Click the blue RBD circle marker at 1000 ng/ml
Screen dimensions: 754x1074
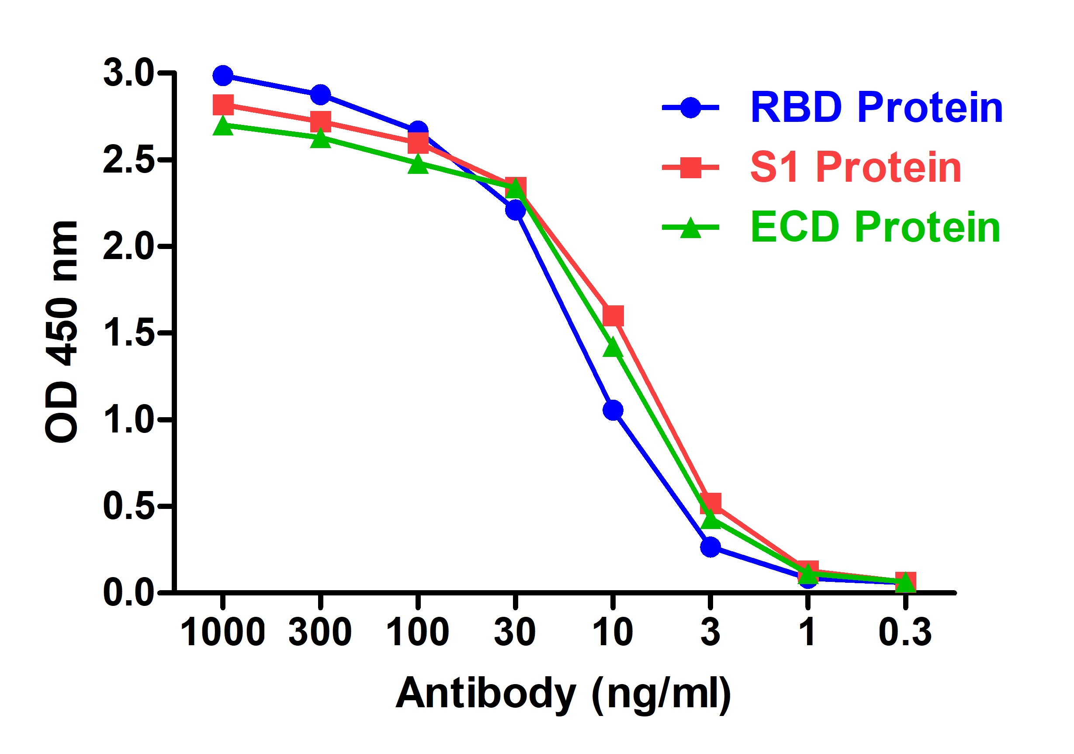[x=223, y=76]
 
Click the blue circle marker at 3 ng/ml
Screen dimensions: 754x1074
[x=710, y=547]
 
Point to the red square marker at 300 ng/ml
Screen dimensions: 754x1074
[x=320, y=121]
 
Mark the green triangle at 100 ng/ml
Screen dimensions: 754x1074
[x=418, y=165]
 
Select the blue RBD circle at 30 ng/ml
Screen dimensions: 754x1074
[x=516, y=210]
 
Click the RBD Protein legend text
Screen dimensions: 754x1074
[x=876, y=108]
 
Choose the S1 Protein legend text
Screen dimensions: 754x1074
[x=856, y=167]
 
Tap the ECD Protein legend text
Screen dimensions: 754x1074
[x=875, y=227]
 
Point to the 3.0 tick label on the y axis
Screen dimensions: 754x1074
[x=128, y=73]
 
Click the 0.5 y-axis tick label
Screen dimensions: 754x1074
[x=128, y=507]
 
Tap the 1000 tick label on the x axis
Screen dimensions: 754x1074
[x=223, y=633]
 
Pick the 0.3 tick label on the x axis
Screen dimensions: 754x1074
[x=905, y=633]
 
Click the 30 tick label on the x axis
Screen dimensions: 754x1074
[x=515, y=633]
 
